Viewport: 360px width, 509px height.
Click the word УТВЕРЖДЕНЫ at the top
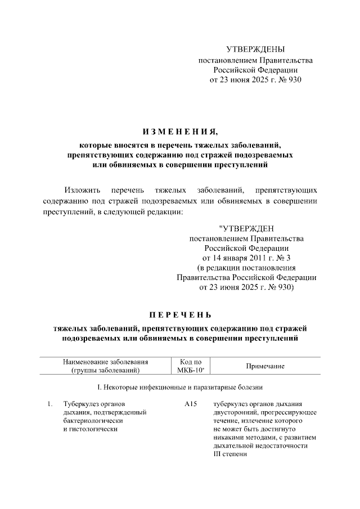(255, 49)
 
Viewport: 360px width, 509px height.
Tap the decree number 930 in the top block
(295, 80)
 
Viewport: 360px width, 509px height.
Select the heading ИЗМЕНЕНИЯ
(180, 133)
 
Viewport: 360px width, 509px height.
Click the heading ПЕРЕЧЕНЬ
(180, 313)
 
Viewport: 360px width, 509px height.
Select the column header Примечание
(265, 366)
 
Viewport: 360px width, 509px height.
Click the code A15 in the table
(190, 404)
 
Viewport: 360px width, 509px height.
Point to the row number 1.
(49, 404)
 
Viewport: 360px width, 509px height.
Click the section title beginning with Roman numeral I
(180, 387)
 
